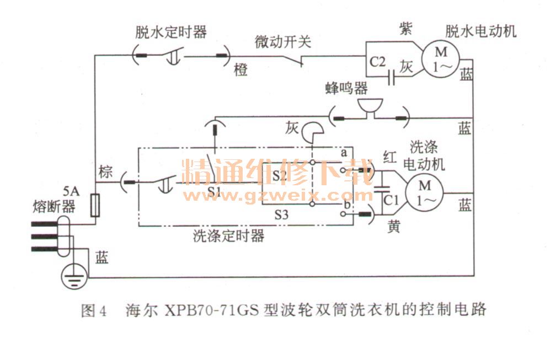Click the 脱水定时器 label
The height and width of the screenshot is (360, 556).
click(x=171, y=31)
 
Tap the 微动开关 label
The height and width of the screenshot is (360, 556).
click(x=282, y=42)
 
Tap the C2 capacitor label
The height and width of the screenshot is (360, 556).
click(x=378, y=62)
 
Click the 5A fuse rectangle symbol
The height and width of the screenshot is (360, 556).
click(x=94, y=205)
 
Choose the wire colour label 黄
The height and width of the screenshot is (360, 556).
click(x=393, y=227)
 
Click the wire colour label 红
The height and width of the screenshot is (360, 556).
click(x=390, y=158)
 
